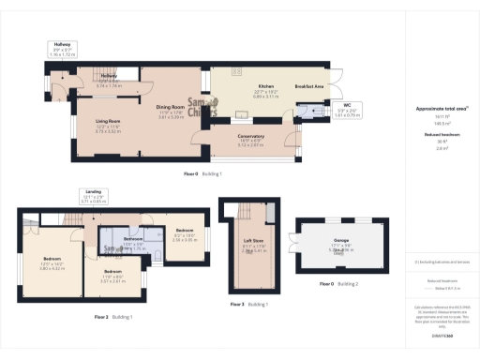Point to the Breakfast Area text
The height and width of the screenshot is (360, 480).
309,86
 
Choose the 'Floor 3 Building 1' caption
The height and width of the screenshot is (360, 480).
248,304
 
